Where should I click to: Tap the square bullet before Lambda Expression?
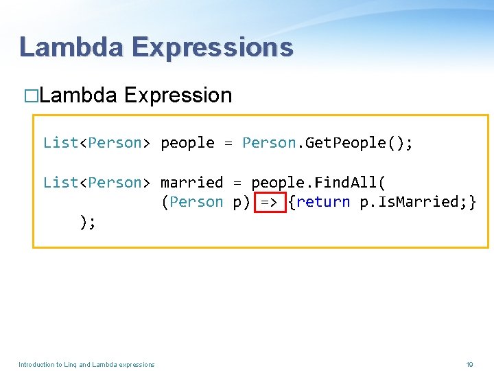click(30, 95)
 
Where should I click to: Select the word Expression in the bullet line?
click(178, 95)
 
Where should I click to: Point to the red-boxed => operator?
click(269, 202)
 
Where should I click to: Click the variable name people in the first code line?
click(187, 143)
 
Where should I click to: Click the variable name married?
click(191, 183)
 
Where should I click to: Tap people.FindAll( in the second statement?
click(318, 183)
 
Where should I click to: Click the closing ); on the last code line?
click(87, 221)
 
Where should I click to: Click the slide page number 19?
click(469, 364)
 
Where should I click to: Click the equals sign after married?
click(237, 183)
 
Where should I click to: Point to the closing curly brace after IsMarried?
click(472, 202)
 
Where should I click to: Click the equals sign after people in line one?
click(228, 143)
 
